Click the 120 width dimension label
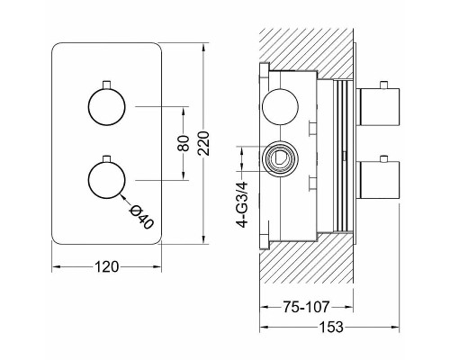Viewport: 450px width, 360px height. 107,266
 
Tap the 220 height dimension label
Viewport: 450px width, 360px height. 203,143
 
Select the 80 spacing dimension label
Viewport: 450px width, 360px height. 184,143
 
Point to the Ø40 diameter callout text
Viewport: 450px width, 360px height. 141,218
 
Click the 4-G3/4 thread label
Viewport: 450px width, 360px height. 242,204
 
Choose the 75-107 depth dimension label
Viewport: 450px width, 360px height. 306,307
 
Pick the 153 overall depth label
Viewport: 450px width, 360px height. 330,327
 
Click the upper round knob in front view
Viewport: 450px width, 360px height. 106,107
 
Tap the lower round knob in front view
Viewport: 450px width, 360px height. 106,180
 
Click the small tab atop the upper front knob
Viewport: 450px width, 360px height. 106,85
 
